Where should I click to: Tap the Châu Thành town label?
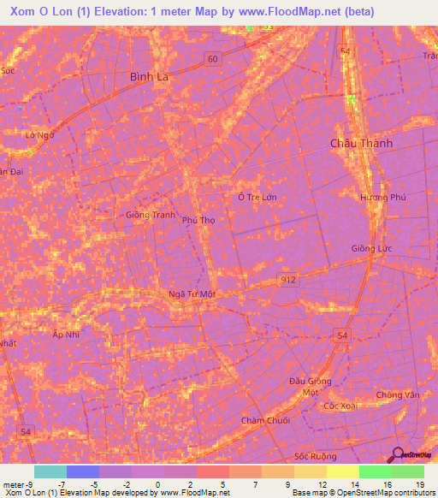(x=361, y=144)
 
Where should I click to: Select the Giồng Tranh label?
(x=150, y=215)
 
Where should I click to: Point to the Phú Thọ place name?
(x=198, y=220)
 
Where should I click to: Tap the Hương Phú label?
(x=381, y=197)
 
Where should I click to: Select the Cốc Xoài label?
(x=340, y=406)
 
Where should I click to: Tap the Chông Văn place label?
(x=398, y=395)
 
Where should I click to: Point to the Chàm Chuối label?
(x=265, y=420)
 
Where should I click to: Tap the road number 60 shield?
(x=211, y=58)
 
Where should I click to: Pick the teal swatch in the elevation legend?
(x=50, y=471)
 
